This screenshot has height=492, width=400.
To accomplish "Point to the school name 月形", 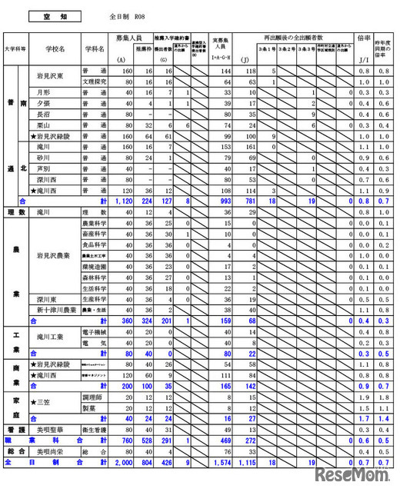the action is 44,91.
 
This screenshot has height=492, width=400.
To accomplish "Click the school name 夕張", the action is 44,102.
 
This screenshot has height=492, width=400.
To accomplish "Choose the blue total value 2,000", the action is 120,463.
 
